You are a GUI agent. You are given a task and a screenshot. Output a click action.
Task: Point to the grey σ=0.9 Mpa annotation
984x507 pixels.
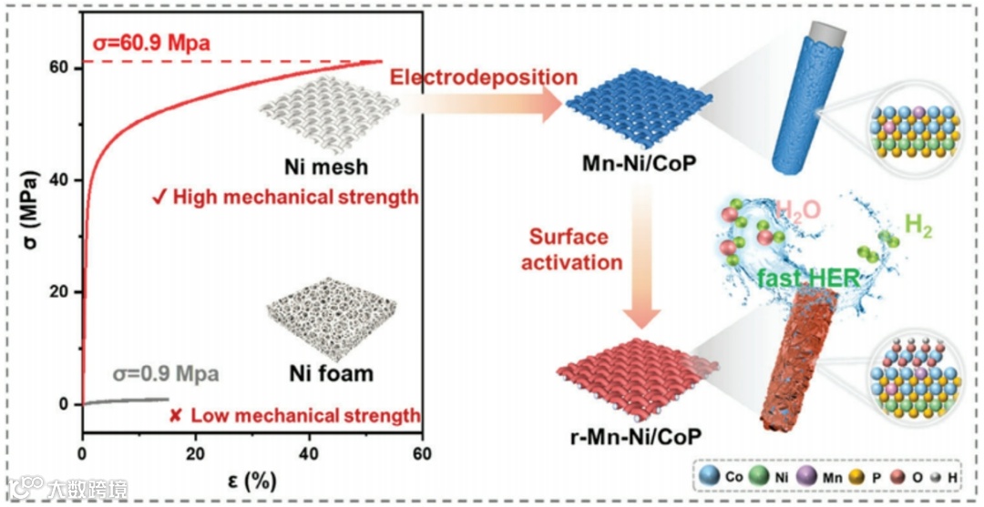pyautogui.click(x=165, y=373)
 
